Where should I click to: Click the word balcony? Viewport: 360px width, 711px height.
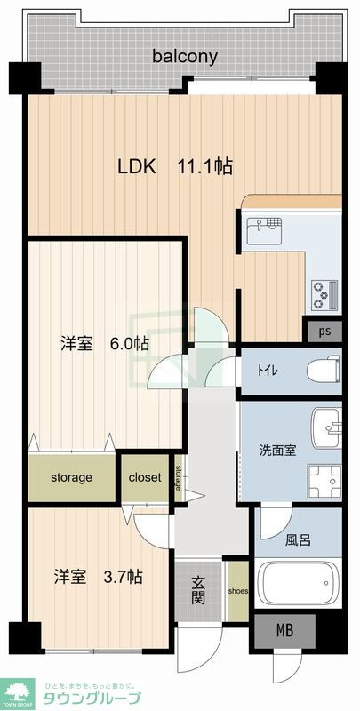pos(185,57)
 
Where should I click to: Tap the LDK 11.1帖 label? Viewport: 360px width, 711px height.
pos(176,166)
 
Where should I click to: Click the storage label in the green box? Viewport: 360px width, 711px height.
pos(71,478)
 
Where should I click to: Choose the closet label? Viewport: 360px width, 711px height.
pos(145,478)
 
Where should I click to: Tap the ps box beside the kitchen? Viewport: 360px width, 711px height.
pos(325,332)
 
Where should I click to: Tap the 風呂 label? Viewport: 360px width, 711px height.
pos(298,539)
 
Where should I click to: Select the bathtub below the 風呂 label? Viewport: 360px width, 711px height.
pos(298,583)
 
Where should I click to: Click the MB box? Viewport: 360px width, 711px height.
pos(284,632)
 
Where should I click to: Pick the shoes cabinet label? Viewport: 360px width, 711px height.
pos(237,588)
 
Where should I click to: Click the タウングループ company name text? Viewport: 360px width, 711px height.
pos(92,698)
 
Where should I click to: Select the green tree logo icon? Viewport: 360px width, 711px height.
pos(18,690)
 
